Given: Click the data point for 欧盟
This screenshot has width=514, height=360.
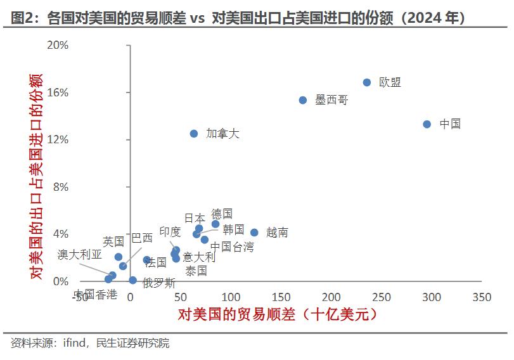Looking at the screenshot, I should [x=367, y=82].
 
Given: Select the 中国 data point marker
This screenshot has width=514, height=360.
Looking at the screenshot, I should [x=427, y=124].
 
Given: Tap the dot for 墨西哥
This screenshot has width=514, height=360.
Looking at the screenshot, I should [x=303, y=100].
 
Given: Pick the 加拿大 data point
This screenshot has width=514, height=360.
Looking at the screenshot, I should [x=194, y=134].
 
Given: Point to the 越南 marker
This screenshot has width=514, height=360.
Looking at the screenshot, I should [x=254, y=233].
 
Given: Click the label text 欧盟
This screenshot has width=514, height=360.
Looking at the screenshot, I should [x=390, y=82].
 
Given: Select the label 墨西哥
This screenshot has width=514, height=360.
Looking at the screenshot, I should [x=331, y=100].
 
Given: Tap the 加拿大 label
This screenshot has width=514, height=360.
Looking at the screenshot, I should [x=223, y=134].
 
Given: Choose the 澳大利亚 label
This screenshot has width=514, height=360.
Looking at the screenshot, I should [x=79, y=255].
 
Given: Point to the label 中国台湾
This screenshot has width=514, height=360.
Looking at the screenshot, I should [x=232, y=247].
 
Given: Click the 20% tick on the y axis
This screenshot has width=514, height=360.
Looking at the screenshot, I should [x=57, y=46].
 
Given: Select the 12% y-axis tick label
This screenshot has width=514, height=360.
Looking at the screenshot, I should [x=57, y=140].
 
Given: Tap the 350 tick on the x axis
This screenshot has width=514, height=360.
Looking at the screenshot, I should [x=482, y=297].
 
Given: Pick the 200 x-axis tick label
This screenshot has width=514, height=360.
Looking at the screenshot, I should [x=331, y=297].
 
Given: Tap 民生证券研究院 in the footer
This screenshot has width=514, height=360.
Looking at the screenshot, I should [x=132, y=344].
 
